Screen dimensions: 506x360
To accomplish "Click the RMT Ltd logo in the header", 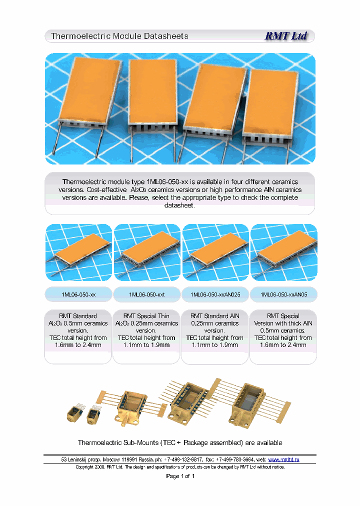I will pos(285,36).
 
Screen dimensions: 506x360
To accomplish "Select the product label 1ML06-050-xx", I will pos(77,295).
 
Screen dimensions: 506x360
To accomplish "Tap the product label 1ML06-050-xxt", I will pos(146,295).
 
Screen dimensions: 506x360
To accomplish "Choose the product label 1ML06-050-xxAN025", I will pos(215,295).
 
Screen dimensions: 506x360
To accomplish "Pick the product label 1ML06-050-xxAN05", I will pos(283,295).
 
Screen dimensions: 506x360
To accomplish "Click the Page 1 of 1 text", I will pos(180,476).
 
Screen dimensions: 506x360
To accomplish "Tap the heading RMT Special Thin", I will pos(146,316).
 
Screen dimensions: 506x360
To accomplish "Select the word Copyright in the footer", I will pos(85,467).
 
